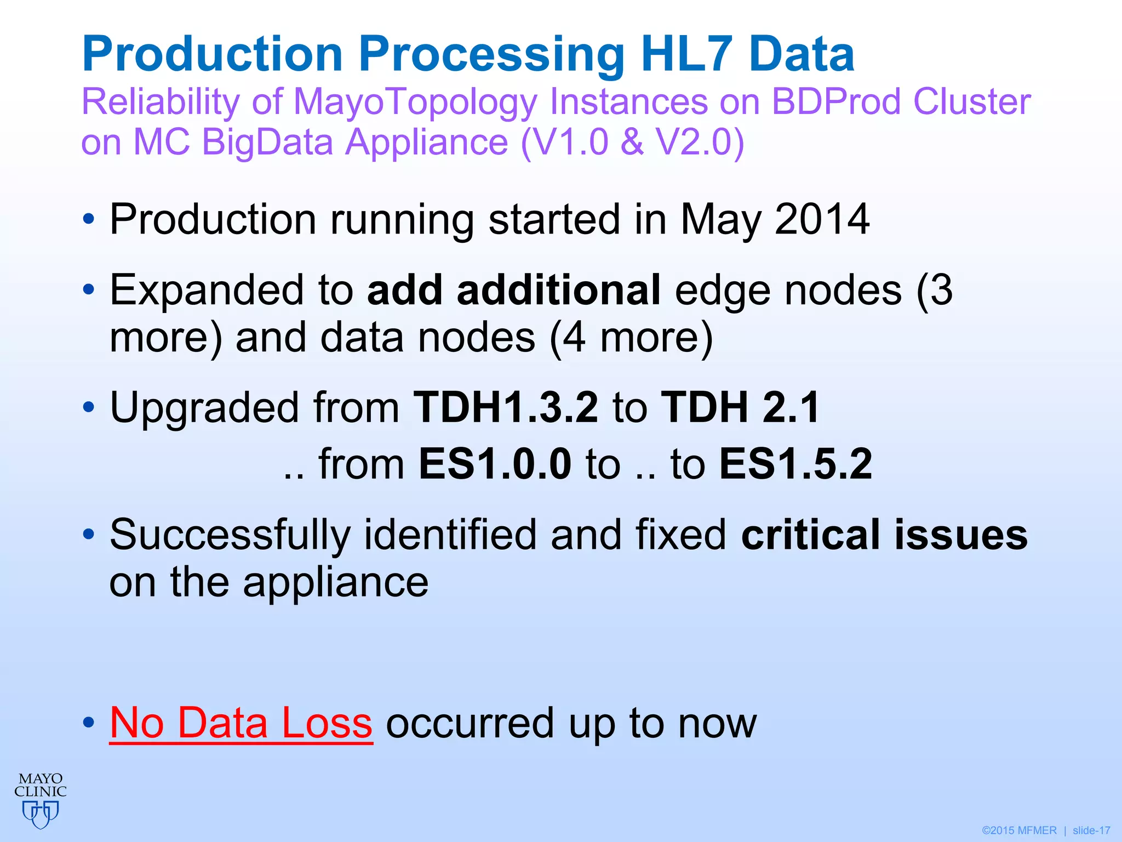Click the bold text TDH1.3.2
[506, 407]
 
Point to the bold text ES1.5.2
[795, 464]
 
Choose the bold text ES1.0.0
[495, 464]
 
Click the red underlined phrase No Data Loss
[241, 723]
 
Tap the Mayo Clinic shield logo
[41, 813]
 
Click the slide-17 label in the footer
[1091, 830]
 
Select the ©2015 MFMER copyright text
[1019, 830]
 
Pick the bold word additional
[559, 290]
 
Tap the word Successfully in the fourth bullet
[230, 536]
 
